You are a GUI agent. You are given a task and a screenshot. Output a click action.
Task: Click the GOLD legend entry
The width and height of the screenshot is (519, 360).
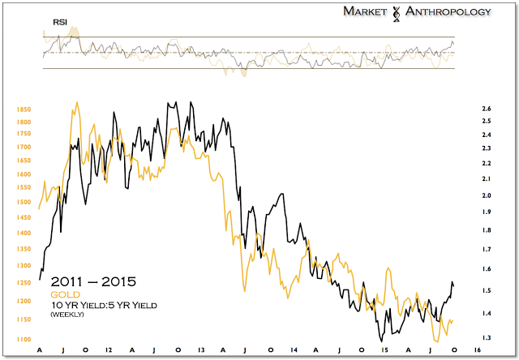tap(62, 294)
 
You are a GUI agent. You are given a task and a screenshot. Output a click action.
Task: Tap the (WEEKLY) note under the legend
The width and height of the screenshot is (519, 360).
tap(66, 314)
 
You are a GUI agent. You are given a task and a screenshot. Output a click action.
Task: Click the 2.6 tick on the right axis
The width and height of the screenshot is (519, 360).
tap(487, 109)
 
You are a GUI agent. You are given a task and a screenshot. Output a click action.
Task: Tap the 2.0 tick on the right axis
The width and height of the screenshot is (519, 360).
tap(487, 196)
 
